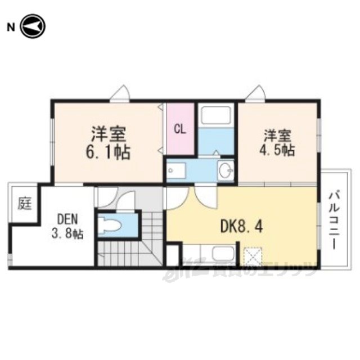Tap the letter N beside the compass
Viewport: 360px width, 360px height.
10,26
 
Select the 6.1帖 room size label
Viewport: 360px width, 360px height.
110,152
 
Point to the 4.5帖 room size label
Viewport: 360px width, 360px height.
280,151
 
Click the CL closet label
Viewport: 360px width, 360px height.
180,129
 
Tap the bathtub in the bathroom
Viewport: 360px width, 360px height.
216,116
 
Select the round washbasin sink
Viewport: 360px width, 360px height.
226,170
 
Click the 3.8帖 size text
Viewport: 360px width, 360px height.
65,233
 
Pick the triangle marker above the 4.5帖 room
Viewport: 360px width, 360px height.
255,93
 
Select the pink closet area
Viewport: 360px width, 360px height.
180,129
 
